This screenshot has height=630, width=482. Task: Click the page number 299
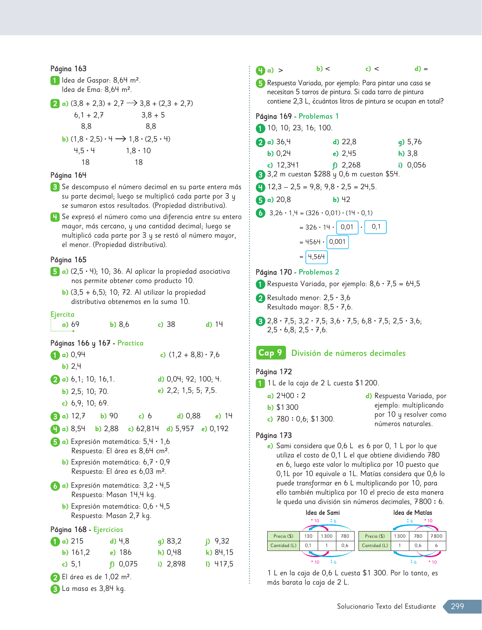point(457,606)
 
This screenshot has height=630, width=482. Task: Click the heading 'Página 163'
point(68,69)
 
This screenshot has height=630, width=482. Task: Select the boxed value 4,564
point(316,257)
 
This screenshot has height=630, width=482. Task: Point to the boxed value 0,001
point(337,242)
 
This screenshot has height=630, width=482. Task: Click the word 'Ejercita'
point(62,314)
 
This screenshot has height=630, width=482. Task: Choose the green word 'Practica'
point(130,343)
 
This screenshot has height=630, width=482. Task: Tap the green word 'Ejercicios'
point(108,530)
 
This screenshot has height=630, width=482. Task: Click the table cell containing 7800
point(436,536)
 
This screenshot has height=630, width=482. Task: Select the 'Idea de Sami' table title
point(322,513)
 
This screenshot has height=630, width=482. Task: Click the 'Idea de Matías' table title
point(412,513)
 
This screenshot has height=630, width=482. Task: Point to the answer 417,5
point(224,564)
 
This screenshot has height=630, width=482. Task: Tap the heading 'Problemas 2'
point(318,272)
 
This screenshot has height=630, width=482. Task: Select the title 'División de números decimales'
point(348,353)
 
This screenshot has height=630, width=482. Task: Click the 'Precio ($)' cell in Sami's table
point(283,536)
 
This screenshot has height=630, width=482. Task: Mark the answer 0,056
point(416,165)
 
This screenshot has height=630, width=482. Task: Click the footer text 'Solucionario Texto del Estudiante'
point(386,606)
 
